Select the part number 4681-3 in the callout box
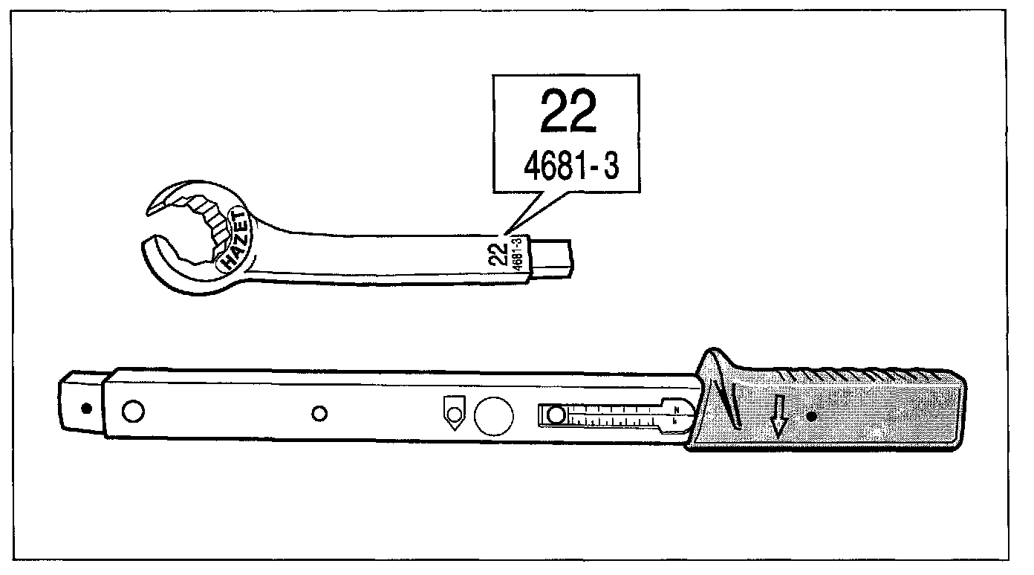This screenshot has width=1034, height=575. (571, 166)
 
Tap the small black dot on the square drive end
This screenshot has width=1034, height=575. (86, 407)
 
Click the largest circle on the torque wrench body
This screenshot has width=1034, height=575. (493, 415)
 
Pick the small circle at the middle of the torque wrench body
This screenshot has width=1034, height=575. (319, 413)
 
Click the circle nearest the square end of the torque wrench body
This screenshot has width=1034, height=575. (133, 410)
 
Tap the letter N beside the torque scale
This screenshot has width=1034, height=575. (676, 409)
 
